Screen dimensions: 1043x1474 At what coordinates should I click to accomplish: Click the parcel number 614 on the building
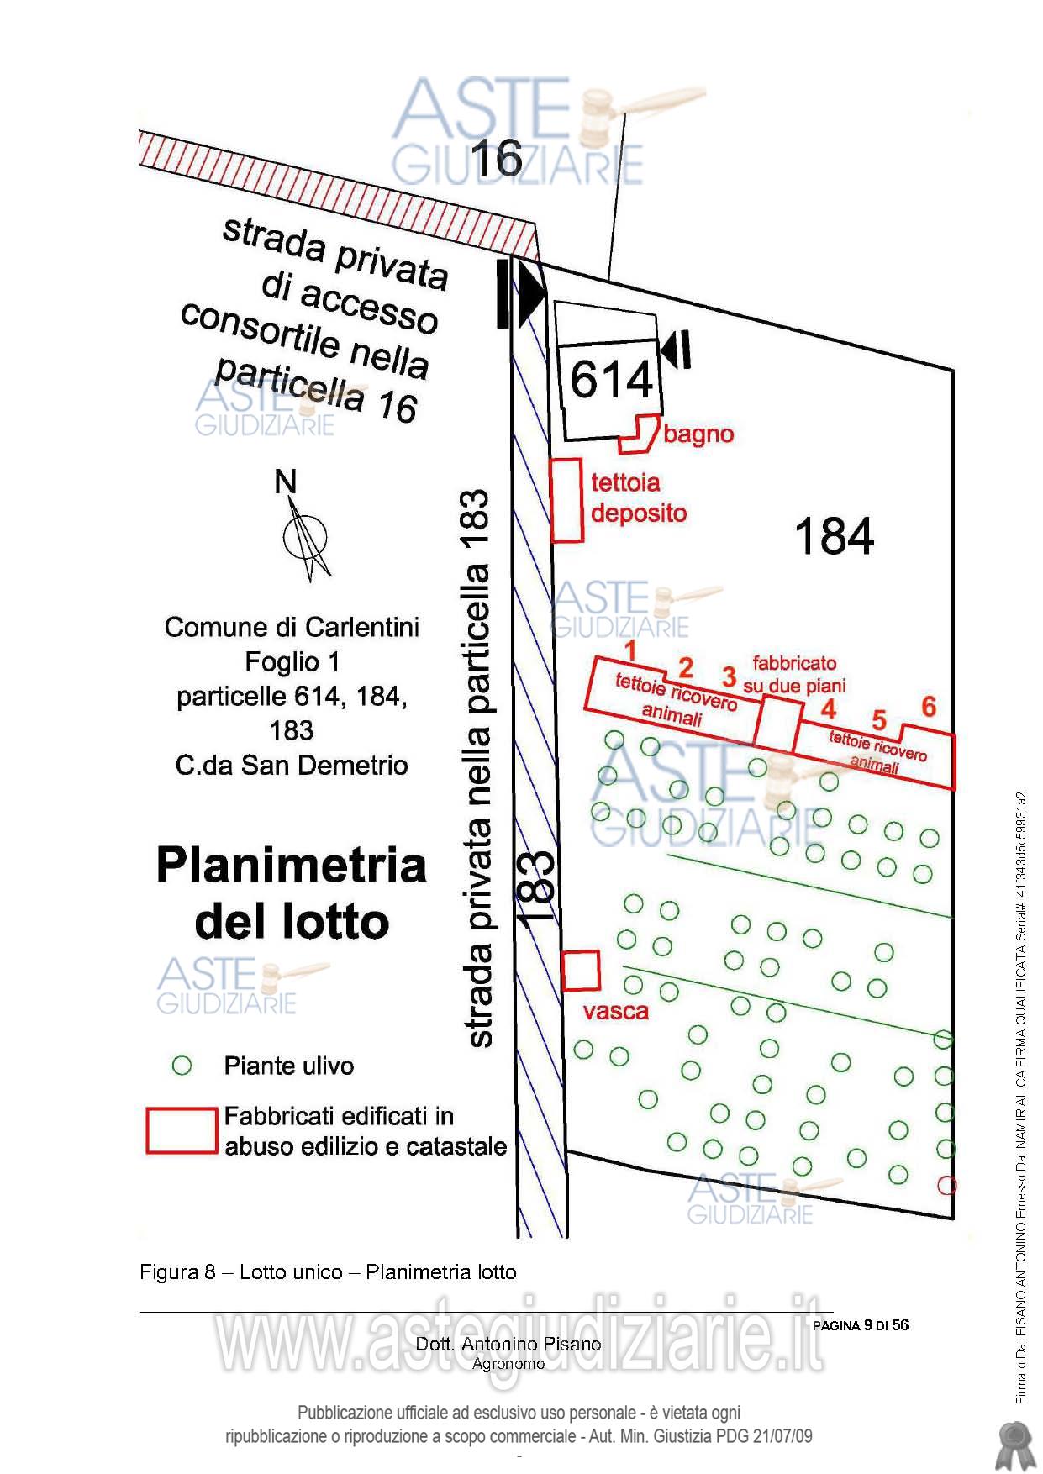[612, 379]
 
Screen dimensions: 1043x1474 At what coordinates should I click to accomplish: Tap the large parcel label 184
[834, 536]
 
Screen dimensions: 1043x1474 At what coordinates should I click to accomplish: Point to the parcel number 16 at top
[497, 158]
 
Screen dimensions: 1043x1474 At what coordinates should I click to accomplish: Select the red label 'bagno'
[698, 434]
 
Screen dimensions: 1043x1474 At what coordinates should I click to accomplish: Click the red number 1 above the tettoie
[629, 650]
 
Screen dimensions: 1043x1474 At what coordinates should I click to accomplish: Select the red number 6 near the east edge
[929, 706]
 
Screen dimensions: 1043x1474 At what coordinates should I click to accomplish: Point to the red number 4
[829, 709]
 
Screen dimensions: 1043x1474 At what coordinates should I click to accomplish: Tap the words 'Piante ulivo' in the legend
[289, 1066]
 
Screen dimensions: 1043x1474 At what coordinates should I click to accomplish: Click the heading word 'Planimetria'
[292, 866]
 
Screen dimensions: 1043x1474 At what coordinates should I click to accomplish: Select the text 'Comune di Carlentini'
[292, 627]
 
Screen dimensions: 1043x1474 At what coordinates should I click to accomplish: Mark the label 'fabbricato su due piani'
[794, 675]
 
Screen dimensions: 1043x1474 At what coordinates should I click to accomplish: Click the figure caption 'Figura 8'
[178, 1272]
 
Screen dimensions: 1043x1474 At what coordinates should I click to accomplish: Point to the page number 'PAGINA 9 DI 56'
[861, 1325]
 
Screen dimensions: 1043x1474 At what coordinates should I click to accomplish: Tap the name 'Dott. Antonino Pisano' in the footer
[508, 1344]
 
